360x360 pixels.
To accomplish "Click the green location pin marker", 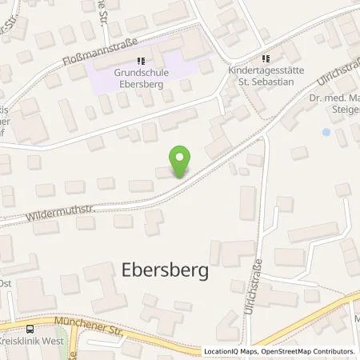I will point(181,160).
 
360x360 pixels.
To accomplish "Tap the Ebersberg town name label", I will point(166,270).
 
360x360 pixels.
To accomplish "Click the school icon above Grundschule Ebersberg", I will point(141,60).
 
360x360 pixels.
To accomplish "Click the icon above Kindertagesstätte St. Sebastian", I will point(266,58).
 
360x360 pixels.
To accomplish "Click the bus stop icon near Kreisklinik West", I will point(30,330).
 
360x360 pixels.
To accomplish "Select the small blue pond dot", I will point(325,131).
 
